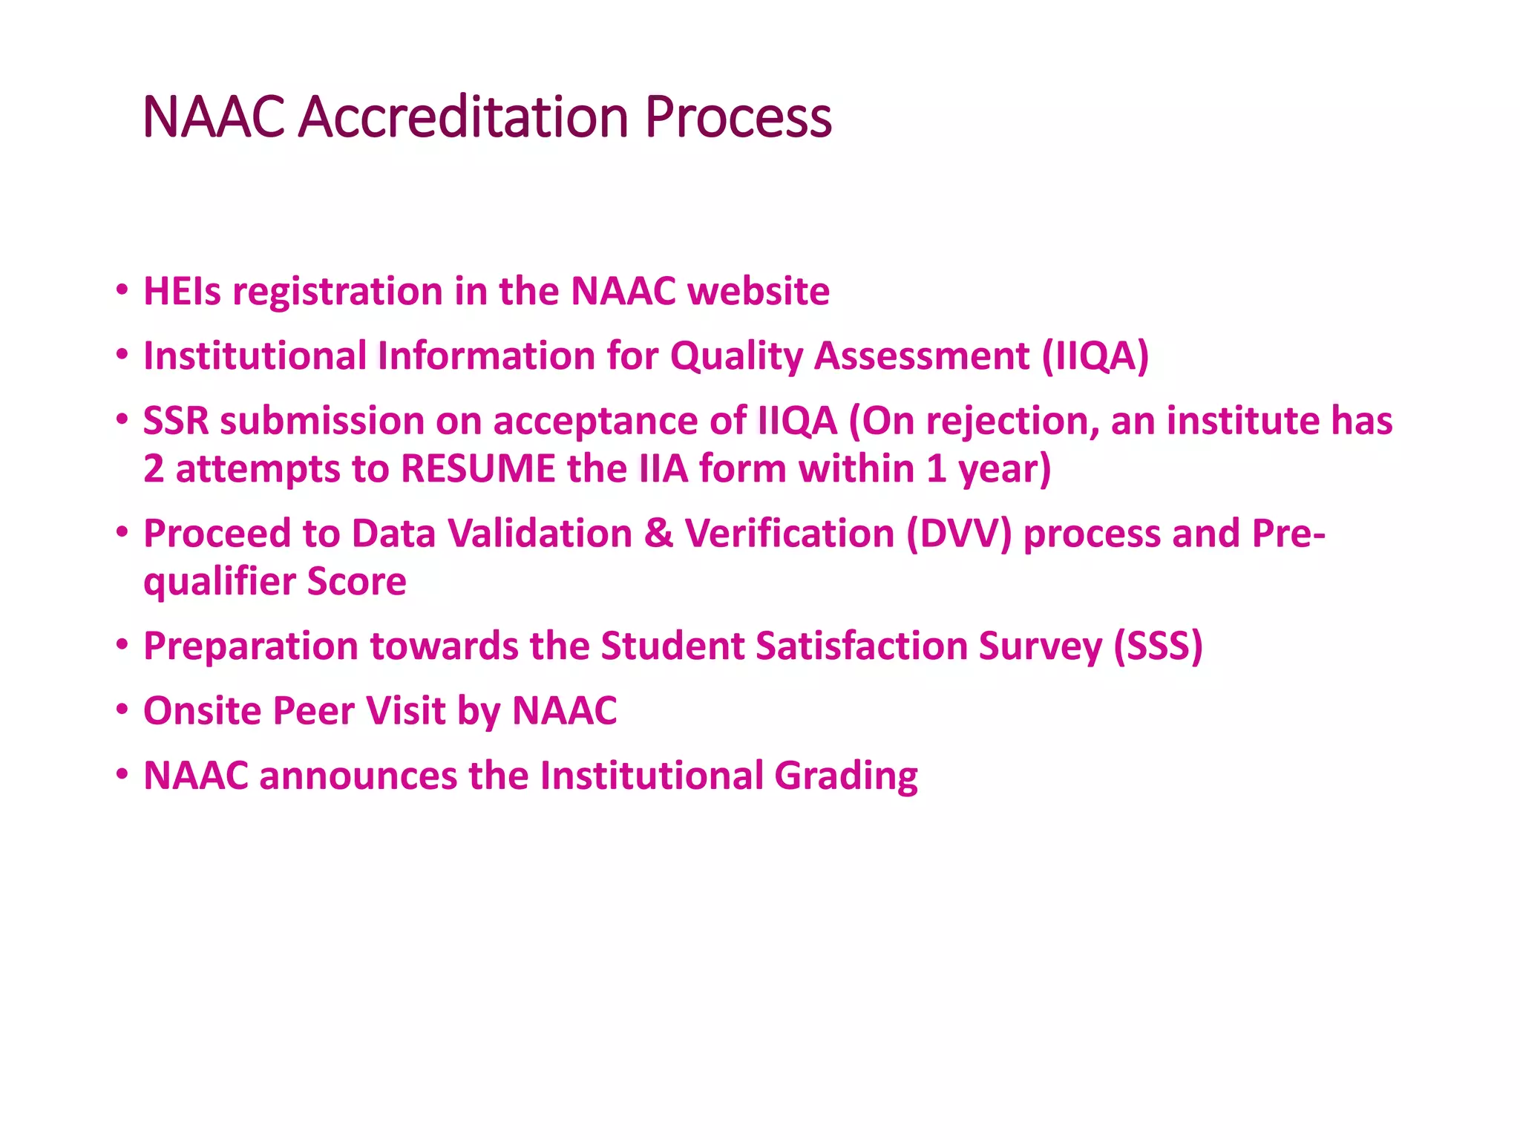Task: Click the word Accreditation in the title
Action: pos(463,117)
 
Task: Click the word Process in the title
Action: pos(738,117)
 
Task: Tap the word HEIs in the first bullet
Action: pos(182,291)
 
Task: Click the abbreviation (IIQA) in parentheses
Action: pos(1095,356)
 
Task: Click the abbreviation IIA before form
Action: pos(664,469)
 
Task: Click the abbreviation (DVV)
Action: pos(959,534)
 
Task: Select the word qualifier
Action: pos(220,582)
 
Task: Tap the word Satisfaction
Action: pos(861,646)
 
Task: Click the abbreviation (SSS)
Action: pos(1158,646)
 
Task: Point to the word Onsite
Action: pos(202,711)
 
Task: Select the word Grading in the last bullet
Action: pos(846,776)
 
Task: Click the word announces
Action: pos(358,776)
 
